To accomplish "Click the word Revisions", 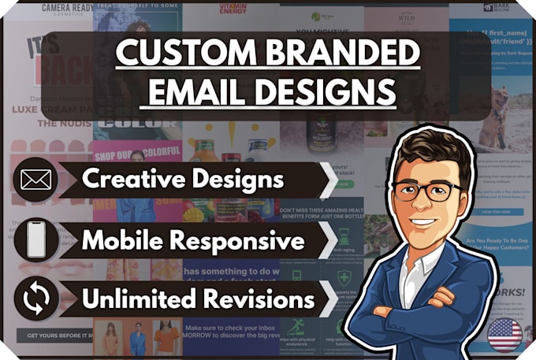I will tap(265, 299).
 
